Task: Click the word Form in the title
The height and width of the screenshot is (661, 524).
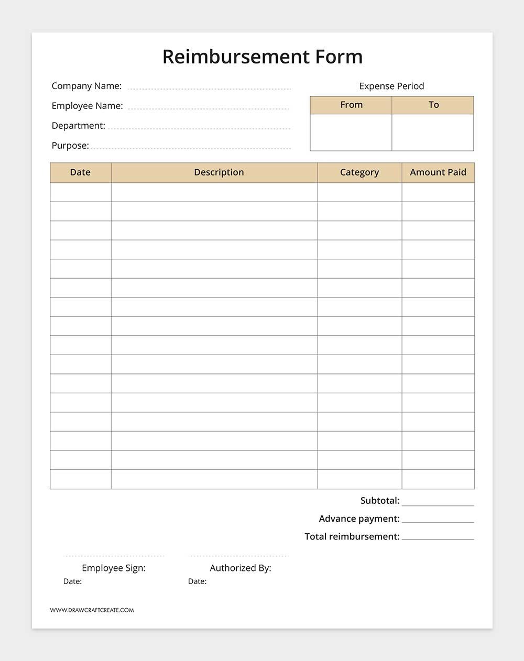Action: (339, 57)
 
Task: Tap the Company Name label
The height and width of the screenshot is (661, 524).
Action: (86, 86)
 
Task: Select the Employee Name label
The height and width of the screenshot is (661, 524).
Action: (87, 106)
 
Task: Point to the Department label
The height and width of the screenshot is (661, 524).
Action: (78, 126)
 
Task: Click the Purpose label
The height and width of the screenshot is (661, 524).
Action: (70, 146)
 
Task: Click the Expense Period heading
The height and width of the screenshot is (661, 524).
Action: (391, 86)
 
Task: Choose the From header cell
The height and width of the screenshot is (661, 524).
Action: (351, 105)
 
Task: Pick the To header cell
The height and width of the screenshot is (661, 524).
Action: (433, 105)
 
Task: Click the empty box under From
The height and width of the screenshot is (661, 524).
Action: (351, 133)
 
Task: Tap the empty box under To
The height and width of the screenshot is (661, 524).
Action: (433, 133)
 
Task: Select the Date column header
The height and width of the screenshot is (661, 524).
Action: (80, 172)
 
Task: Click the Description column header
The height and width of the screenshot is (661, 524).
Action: (219, 172)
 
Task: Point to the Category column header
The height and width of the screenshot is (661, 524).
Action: (359, 172)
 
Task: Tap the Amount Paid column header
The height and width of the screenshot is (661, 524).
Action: (438, 172)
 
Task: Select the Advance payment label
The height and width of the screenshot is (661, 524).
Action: (359, 519)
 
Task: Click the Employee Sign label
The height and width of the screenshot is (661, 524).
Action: (114, 568)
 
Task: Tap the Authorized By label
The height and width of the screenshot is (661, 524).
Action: (241, 568)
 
